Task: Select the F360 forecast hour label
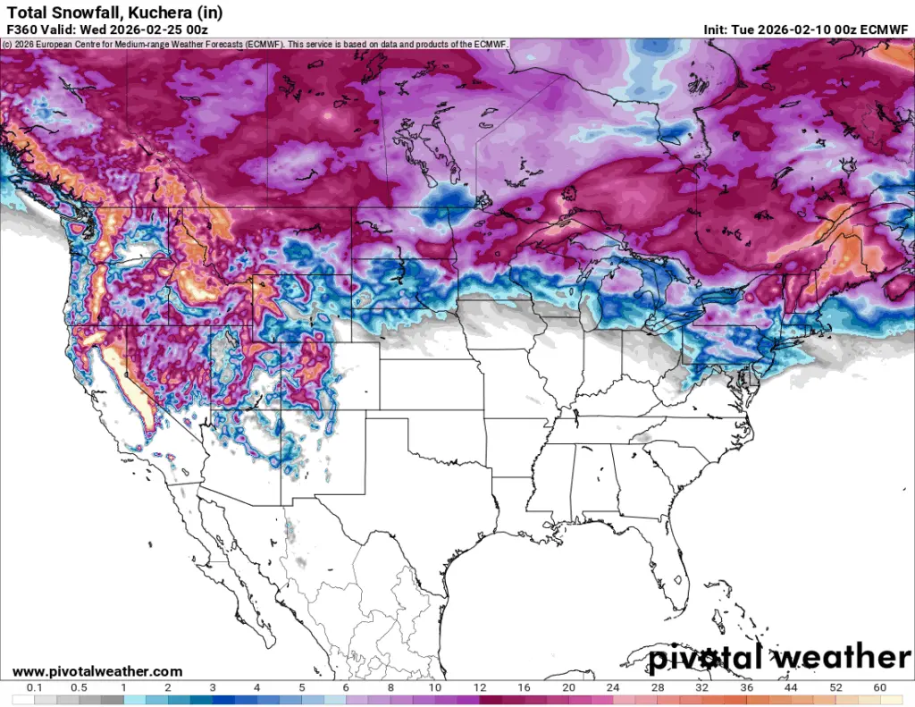[x=21, y=29]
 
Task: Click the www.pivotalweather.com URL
[x=97, y=671]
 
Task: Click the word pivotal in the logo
[x=705, y=659]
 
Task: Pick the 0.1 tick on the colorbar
[x=35, y=687]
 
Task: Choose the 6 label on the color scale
[x=345, y=687]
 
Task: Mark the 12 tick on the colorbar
[x=479, y=687]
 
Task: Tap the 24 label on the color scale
[x=612, y=687]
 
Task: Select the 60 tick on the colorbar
[x=879, y=687]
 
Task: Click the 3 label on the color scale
[x=212, y=687]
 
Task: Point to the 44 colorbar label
[x=791, y=687]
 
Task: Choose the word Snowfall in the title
[x=80, y=12]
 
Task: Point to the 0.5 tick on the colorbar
[x=79, y=687]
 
